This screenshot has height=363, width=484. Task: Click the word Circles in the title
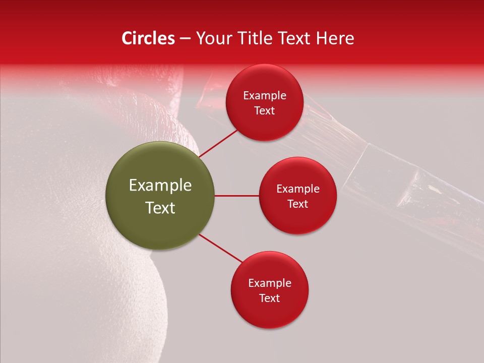coord(148,38)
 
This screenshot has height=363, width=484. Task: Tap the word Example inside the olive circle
coord(160,186)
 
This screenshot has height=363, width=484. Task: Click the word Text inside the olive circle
coord(160,208)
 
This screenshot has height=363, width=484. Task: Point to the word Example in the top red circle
coord(265,96)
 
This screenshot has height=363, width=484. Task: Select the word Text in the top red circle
coord(265,111)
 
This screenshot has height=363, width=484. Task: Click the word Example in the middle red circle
coord(298,189)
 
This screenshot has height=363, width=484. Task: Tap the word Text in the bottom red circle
coord(270,298)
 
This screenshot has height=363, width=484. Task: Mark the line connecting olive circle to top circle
coord(218,143)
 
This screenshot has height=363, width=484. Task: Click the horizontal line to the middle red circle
coord(237,196)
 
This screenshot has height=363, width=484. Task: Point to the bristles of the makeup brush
coord(328,121)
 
